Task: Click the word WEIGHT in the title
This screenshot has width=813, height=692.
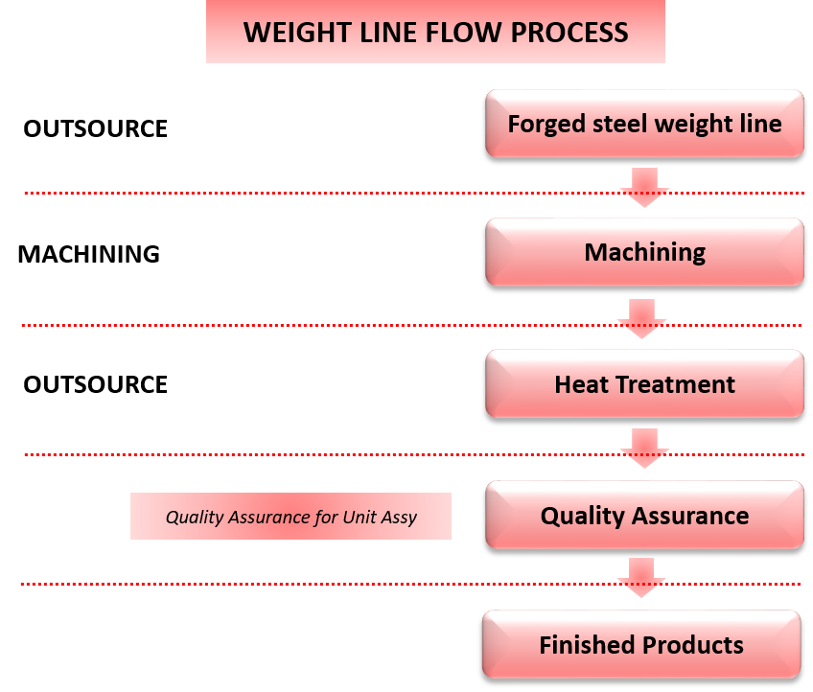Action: coord(291,33)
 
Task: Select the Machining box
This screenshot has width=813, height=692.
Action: coord(644,252)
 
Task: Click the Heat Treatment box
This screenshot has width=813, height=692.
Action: coord(644,384)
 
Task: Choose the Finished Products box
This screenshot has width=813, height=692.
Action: coord(641,645)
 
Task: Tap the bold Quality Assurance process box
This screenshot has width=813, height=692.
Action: coord(644,516)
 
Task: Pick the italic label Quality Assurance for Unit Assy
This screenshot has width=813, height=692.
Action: coord(290,517)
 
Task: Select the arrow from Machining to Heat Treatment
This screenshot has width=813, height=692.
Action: coord(641,318)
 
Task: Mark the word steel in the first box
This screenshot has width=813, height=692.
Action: coord(614,125)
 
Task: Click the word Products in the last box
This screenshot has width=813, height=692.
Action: coord(697,645)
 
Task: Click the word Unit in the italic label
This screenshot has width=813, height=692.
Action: coord(360,517)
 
